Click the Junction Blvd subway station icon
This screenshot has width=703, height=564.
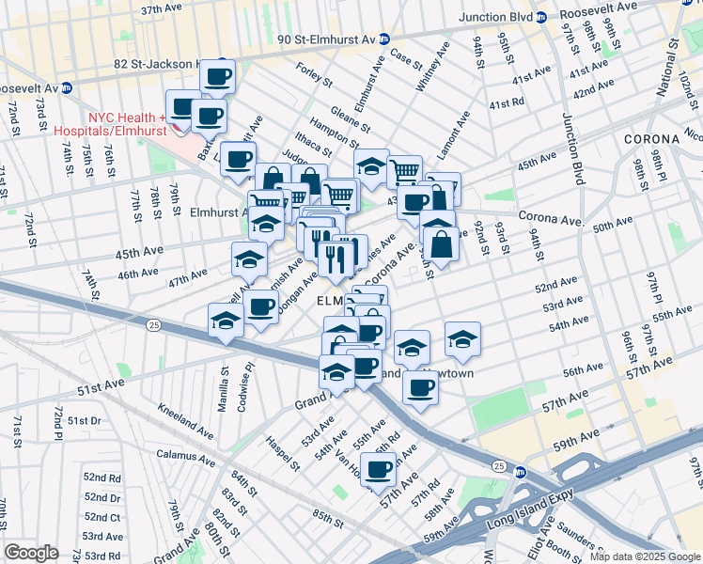pyautogui.click(x=540, y=17)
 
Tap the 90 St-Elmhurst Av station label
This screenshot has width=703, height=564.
pyautogui.click(x=326, y=39)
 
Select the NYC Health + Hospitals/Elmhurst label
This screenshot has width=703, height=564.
pyautogui.click(x=127, y=124)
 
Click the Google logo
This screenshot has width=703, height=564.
pyautogui.click(x=32, y=553)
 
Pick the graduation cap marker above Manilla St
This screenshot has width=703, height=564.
pyautogui.click(x=227, y=321)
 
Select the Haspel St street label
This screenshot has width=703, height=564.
pyautogui.click(x=281, y=451)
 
